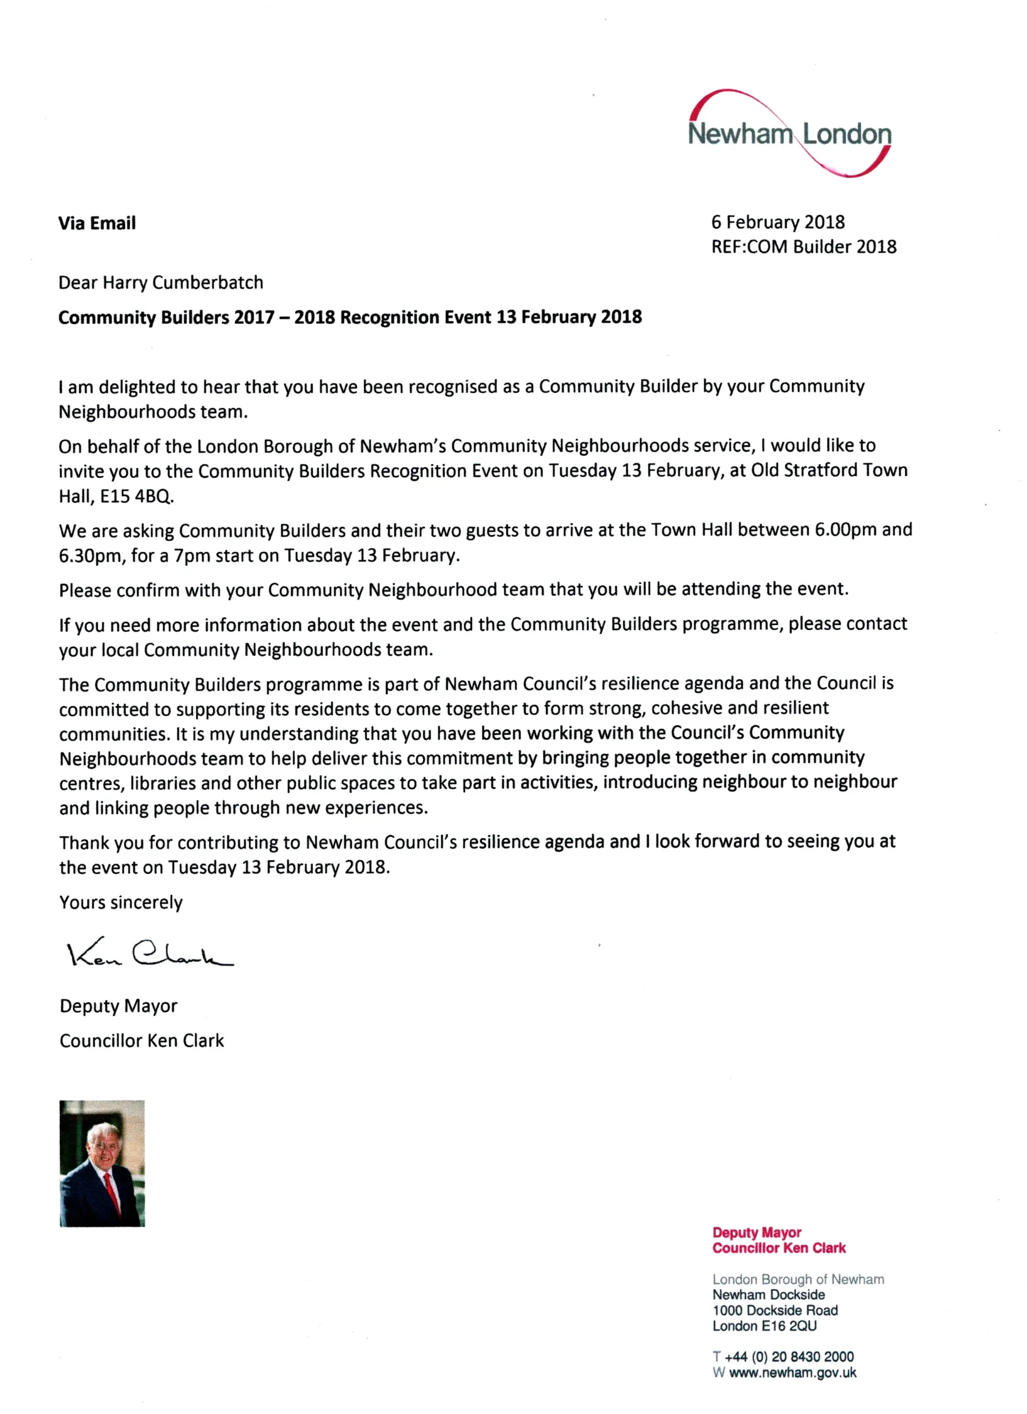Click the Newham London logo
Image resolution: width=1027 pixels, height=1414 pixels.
point(789,134)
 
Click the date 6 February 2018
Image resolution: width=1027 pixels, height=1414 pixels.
point(778,222)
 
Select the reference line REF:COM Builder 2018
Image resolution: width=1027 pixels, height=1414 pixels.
point(803,247)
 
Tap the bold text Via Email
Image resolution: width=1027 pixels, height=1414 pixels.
point(97,223)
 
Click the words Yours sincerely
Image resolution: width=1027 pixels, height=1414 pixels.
point(121,902)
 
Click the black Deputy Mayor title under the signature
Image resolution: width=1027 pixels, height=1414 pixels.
point(118,1006)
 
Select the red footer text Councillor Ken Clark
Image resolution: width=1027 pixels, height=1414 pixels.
point(779,1248)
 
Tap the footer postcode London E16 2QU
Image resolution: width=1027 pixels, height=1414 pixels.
point(764,1326)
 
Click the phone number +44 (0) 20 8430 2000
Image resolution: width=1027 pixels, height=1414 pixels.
point(788,1357)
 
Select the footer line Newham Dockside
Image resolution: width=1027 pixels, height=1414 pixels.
point(768,1294)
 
